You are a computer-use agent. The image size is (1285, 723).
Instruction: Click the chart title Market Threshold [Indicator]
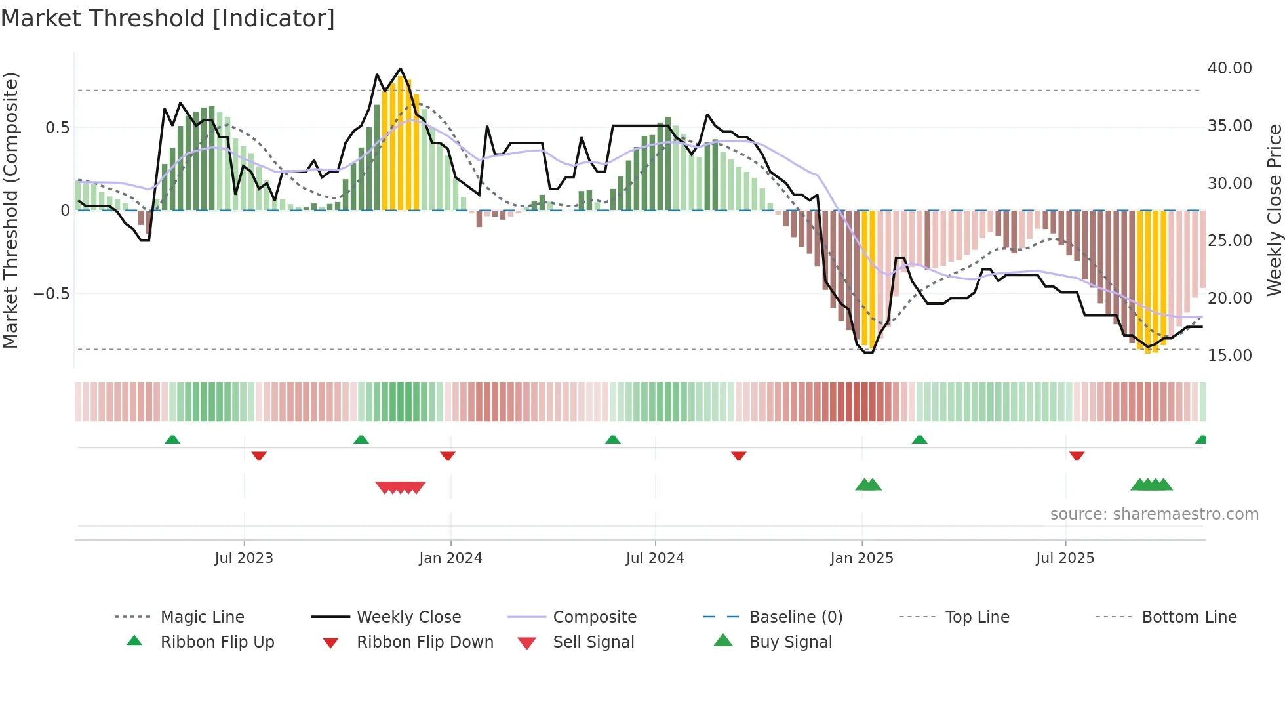tap(168, 18)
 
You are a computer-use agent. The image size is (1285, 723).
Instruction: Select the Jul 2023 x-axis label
tap(244, 558)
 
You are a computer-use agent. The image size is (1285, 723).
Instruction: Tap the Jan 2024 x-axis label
tap(450, 558)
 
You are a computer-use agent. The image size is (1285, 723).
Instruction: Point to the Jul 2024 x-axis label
tap(655, 558)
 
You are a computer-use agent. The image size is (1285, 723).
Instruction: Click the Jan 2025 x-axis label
tap(861, 558)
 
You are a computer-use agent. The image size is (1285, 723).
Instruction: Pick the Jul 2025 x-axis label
tap(1065, 558)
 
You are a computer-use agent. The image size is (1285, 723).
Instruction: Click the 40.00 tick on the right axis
tap(1229, 68)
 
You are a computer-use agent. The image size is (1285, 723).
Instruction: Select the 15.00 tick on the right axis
tap(1229, 356)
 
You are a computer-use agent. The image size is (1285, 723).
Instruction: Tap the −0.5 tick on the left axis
tap(51, 294)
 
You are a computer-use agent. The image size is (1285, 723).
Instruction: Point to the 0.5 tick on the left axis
tap(57, 128)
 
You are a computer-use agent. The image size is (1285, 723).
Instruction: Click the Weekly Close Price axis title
tap(1274, 210)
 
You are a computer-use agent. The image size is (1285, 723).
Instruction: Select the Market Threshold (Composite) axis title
tap(10, 210)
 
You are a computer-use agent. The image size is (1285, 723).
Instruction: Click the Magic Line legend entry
tap(202, 617)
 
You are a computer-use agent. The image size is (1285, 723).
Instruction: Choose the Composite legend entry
tap(594, 617)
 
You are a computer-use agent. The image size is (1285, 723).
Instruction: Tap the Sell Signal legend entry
tap(593, 642)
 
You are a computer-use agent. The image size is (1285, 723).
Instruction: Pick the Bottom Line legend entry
tap(1189, 617)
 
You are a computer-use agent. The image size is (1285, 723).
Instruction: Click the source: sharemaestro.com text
tap(1154, 514)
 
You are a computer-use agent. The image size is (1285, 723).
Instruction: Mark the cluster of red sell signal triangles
tap(401, 487)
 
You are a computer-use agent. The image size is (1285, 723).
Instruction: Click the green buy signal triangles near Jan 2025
tap(868, 485)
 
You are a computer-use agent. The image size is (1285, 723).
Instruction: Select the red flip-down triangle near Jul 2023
tap(259, 455)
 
